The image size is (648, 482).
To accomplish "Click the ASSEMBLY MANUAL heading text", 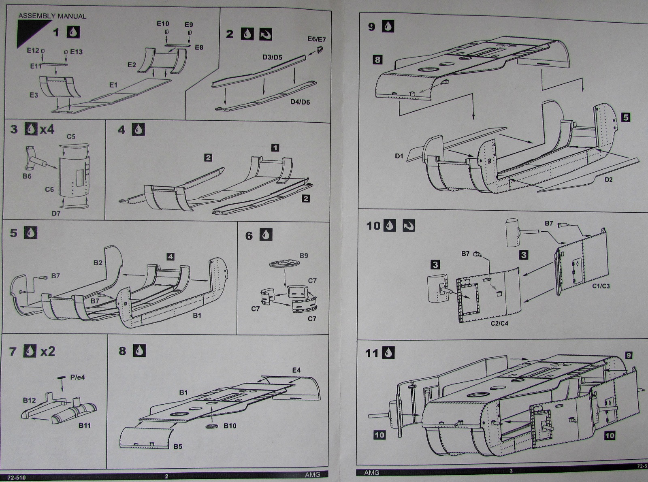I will (52, 16).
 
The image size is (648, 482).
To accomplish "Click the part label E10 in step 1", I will (163, 23).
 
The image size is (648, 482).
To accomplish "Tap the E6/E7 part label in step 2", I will (316, 39).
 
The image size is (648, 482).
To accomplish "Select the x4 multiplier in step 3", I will (47, 129).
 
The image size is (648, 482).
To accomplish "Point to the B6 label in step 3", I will (27, 176).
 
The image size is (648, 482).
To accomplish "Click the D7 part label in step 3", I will (56, 213).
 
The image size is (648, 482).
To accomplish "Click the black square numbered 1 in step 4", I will (275, 148).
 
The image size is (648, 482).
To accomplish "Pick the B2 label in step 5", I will (98, 262).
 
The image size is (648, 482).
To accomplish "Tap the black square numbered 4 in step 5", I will (171, 256).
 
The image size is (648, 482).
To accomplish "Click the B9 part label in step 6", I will (303, 256).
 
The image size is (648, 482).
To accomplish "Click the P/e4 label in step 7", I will (77, 377).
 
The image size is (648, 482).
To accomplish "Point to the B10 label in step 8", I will (230, 425).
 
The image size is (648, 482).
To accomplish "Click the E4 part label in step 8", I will (296, 370).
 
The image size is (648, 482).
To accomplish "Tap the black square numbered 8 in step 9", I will (377, 60).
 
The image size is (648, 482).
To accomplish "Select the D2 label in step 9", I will (608, 180).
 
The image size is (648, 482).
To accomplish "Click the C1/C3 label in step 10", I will (601, 286).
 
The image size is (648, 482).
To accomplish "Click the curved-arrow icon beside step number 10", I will (409, 226).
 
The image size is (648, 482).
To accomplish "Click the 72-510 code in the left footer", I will (16, 477).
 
